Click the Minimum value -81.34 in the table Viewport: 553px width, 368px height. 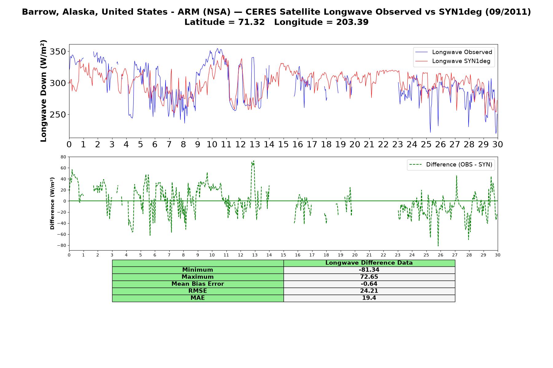click(x=369, y=270)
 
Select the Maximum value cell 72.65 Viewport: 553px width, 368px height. click(x=369, y=277)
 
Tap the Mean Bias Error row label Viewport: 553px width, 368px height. click(x=198, y=284)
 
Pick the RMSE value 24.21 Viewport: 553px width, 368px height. click(x=369, y=291)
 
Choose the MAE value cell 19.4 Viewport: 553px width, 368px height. click(x=369, y=298)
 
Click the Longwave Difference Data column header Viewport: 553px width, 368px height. click(x=369, y=263)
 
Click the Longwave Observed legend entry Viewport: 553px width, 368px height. click(x=453, y=52)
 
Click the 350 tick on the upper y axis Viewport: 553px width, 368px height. click(x=58, y=52)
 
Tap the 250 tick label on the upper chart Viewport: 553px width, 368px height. click(x=58, y=115)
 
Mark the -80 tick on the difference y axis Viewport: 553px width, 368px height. click(x=62, y=245)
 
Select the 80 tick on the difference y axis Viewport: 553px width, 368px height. click(x=64, y=157)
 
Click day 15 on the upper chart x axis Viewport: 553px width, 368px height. click(x=283, y=144)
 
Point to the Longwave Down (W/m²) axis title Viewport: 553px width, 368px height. click(x=44, y=91)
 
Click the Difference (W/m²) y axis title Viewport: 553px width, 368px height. click(x=53, y=203)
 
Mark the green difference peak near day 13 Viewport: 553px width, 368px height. click(x=253, y=161)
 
